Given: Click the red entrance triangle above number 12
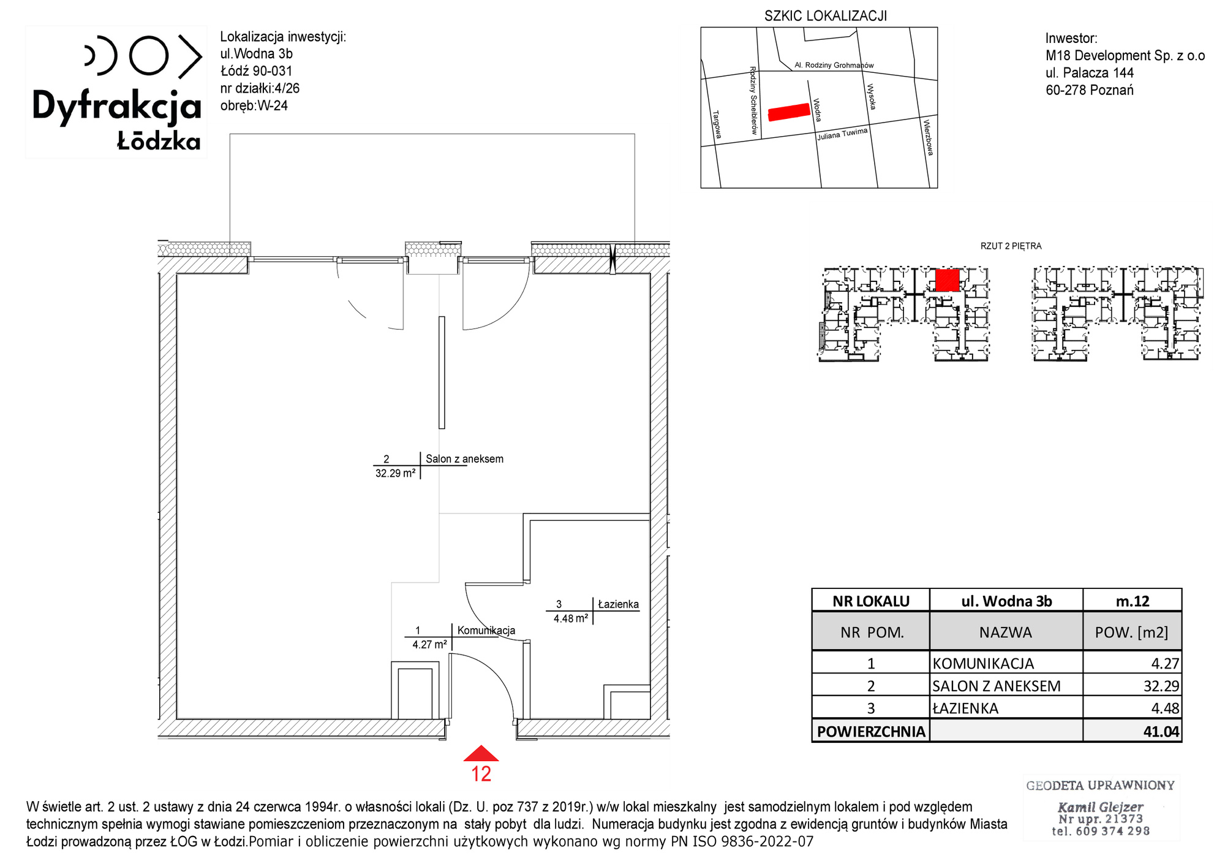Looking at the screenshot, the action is [481, 754].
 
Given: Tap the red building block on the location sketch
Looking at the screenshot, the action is [789, 112].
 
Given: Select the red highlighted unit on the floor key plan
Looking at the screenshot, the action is [947, 280].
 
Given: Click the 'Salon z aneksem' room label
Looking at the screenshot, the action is [464, 459].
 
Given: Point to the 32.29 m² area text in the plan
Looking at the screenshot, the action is [396, 473].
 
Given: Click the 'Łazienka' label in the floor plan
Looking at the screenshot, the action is [618, 604].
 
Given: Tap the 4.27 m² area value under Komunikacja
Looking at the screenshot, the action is [429, 645].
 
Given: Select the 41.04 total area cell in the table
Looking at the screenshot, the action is [1161, 731].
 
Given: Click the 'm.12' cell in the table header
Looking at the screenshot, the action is [1133, 601].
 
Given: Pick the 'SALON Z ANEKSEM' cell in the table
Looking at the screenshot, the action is [997, 686].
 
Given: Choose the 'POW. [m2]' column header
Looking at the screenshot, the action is [1132, 632].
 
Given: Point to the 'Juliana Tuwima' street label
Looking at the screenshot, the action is [842, 134].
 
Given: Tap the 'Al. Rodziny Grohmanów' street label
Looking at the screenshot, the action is [834, 65].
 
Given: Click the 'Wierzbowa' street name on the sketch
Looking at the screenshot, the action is [929, 137].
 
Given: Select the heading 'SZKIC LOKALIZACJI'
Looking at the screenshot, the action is [826, 16].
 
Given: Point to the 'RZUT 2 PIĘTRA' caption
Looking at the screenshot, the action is [1011, 246].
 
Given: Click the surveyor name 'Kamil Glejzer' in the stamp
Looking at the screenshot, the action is [1101, 807].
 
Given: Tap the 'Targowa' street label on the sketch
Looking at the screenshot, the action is [717, 124].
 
